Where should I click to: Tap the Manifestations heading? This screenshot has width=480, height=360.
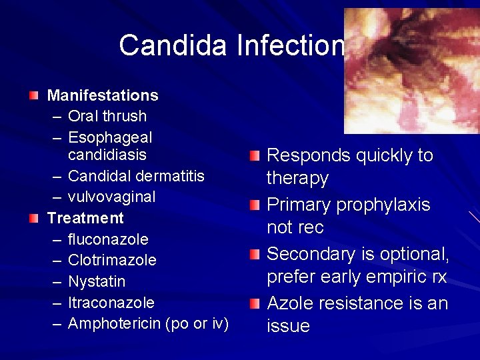103,95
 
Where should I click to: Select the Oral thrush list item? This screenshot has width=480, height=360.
107,116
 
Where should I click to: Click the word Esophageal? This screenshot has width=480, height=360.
110,137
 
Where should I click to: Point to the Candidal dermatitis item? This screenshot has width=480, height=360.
136,176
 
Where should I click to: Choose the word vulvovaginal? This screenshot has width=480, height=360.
111,197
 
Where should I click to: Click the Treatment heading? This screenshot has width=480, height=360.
85,218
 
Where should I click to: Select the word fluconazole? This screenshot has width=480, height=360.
108,239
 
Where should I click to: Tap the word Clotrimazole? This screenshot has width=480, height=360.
112,260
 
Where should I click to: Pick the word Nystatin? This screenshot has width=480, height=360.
97,281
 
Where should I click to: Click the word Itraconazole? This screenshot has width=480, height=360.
111,303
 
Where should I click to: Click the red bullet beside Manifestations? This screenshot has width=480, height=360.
34,96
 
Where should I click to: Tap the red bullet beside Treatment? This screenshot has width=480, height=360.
34,218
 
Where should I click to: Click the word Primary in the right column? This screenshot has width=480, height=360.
296,205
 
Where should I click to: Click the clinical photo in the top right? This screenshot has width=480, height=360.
411,71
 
